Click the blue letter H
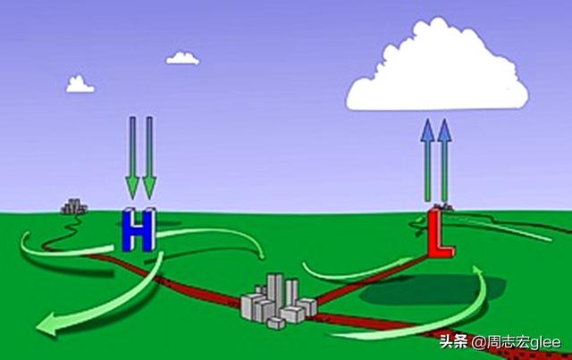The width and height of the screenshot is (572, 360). click(138, 230)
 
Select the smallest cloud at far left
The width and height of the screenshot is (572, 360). click(80, 85)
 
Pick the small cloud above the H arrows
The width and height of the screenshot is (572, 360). click(183, 58)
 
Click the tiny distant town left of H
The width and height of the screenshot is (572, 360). click(73, 207)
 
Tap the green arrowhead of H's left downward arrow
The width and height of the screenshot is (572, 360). click(132, 188)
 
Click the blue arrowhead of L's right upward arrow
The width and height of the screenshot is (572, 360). click(444, 128)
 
